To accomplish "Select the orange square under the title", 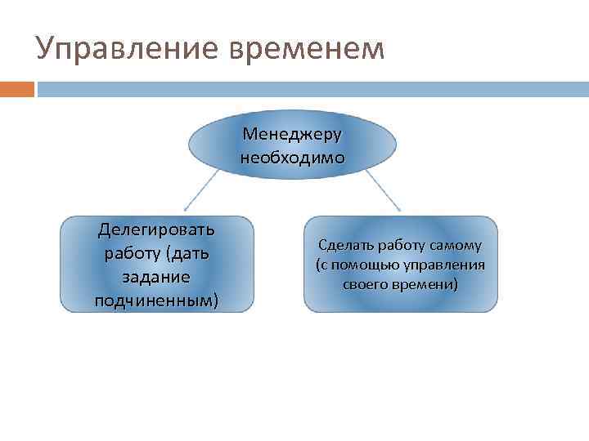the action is pos(17,88).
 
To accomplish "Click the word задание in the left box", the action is pos(156,277).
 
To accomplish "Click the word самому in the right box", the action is pos(457,245).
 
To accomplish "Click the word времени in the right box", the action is pos(426,284).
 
